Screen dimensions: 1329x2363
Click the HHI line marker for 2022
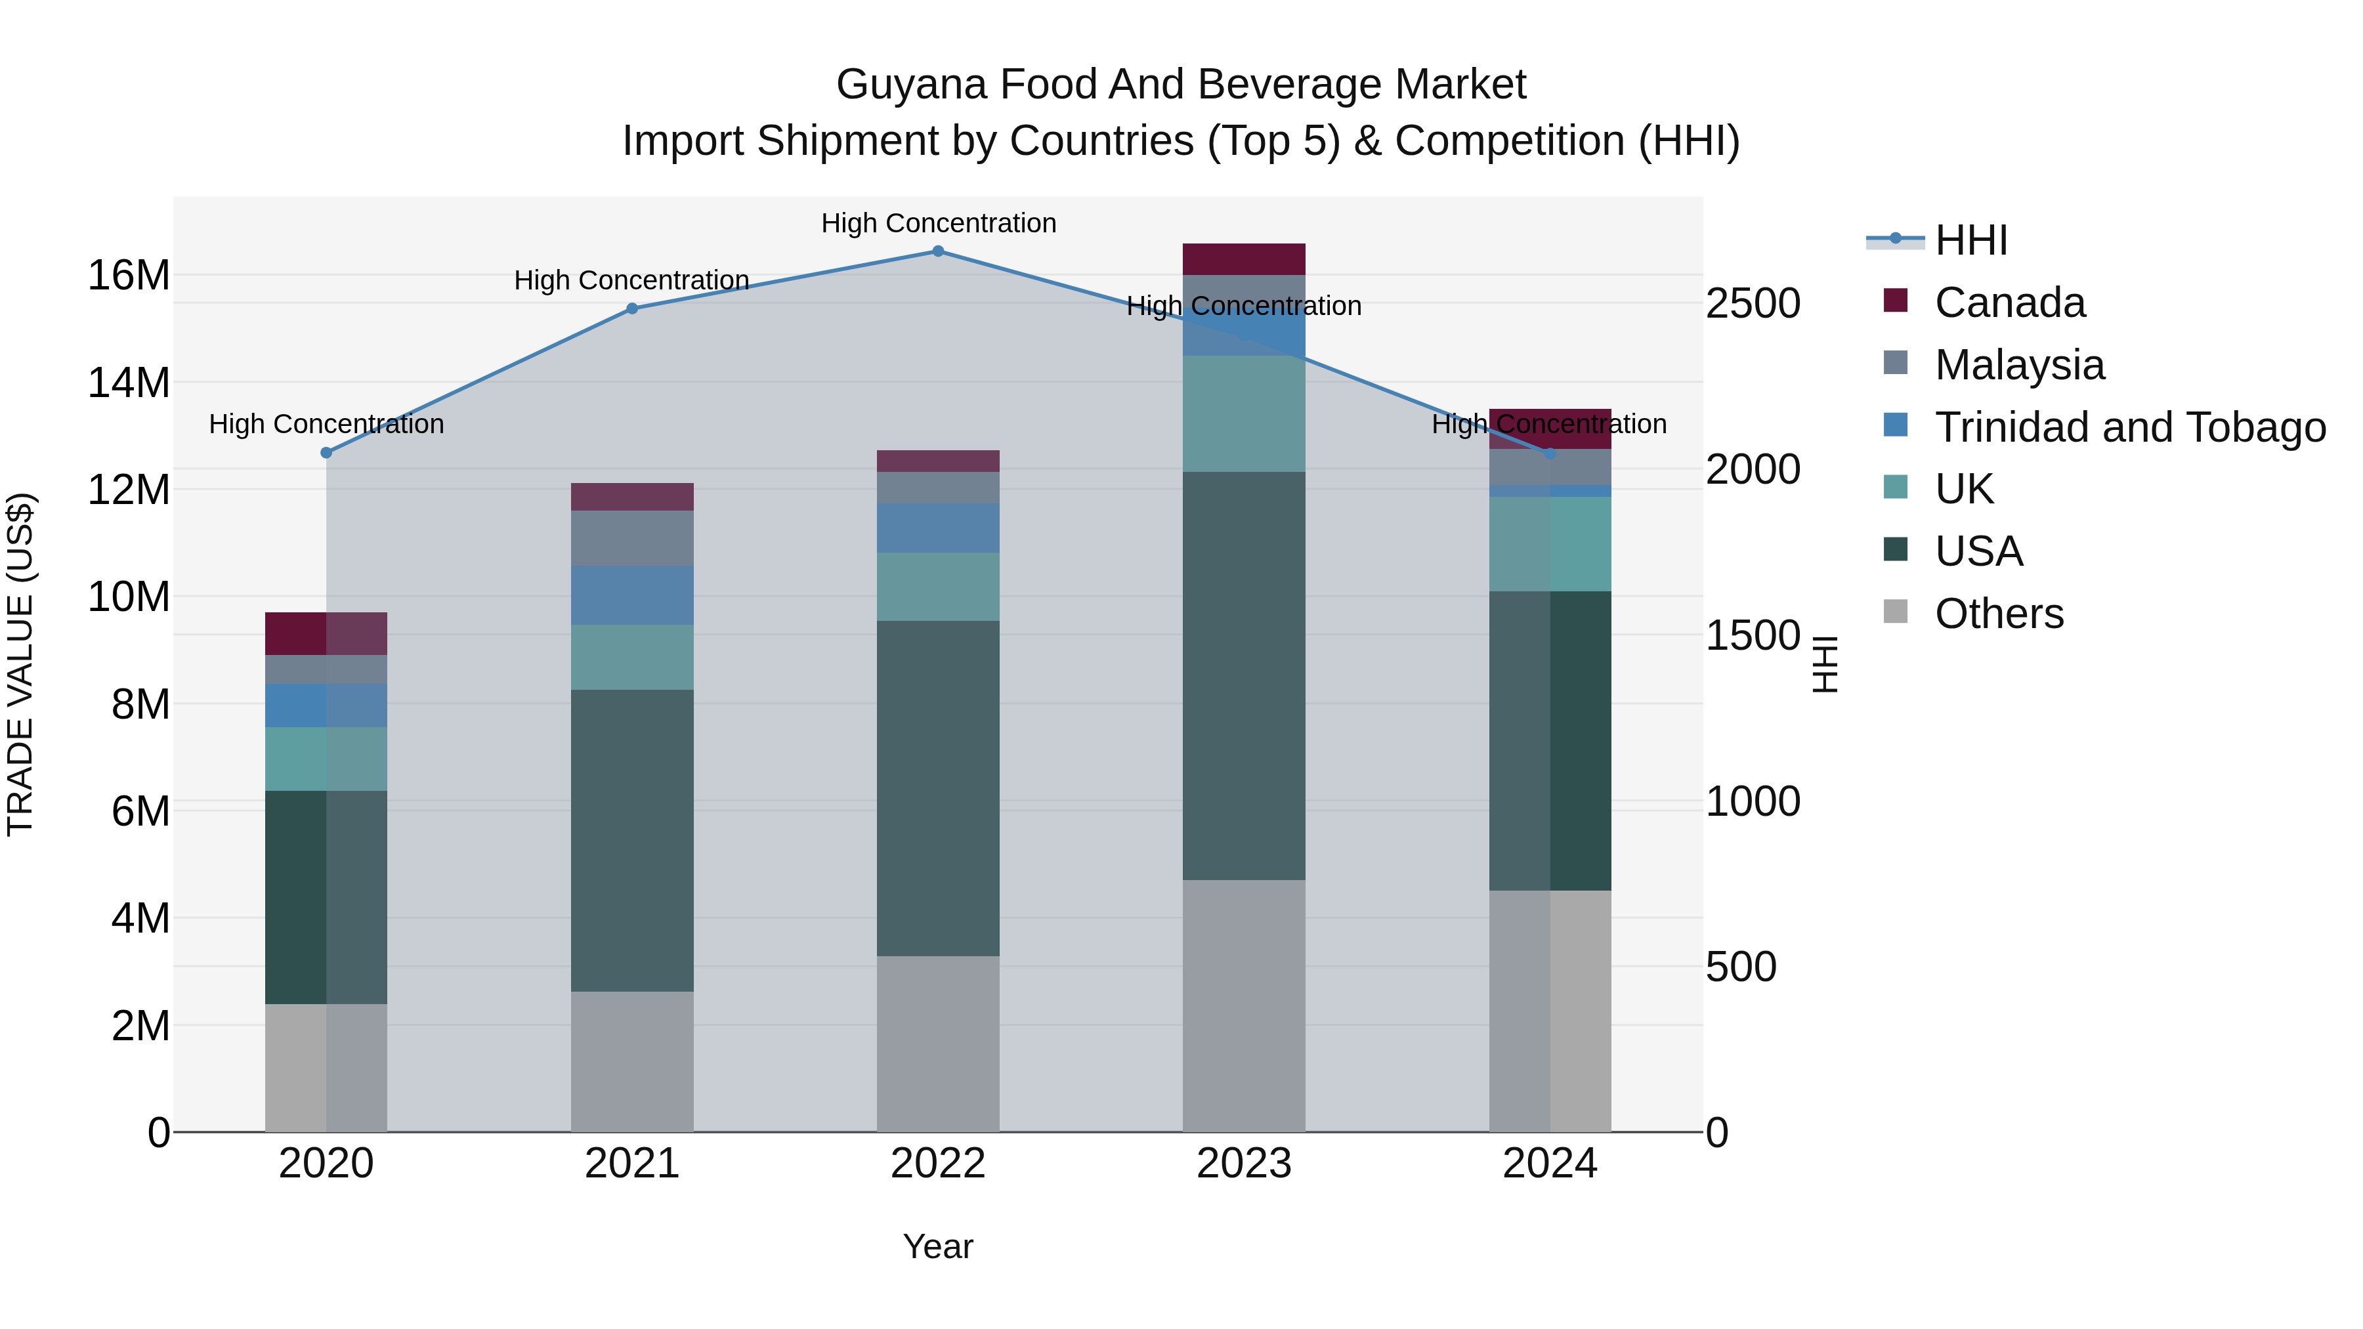pos(937,251)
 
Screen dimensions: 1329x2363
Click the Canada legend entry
pos(2009,303)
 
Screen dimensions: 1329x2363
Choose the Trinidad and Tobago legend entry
pos(2128,427)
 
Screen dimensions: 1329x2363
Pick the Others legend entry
pos(1998,614)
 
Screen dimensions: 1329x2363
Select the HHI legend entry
pos(1970,240)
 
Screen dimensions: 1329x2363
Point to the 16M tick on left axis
pos(129,275)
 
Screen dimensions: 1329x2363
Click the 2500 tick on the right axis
pos(1752,304)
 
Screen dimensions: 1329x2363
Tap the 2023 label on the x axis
pos(1243,1164)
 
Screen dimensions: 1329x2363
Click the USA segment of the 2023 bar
pos(1243,676)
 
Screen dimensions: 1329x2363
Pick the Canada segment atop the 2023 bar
pos(1243,259)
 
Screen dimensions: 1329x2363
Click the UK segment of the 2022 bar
pos(937,586)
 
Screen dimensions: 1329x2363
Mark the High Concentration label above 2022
pos(937,223)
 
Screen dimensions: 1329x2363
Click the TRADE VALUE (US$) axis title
pos(20,664)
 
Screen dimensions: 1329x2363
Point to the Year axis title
pos(937,1246)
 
